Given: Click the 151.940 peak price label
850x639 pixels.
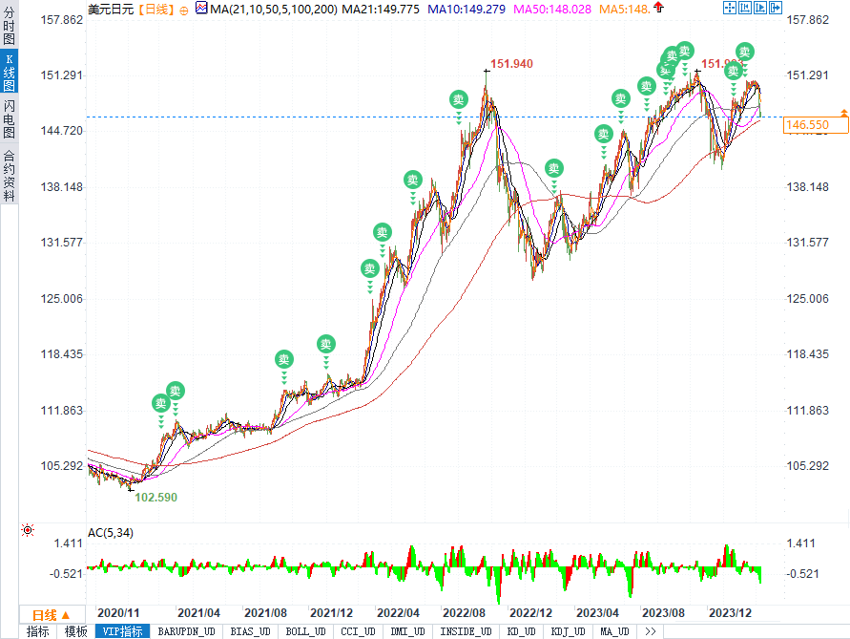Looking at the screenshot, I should point(511,64).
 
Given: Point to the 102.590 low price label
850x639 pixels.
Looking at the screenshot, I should point(156,498).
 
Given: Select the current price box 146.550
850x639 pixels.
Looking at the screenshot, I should point(806,125).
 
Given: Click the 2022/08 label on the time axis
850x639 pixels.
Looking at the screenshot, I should point(463,612).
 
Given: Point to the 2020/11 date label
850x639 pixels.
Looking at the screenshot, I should point(119,612).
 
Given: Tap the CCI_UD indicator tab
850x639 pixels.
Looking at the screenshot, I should point(358,631).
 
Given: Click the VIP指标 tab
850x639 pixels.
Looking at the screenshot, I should point(122,631).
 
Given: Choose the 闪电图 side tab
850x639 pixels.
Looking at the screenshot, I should point(9,119).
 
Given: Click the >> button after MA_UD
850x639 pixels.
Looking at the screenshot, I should point(651,631).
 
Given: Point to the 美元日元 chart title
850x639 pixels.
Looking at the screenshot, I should point(111,9).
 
